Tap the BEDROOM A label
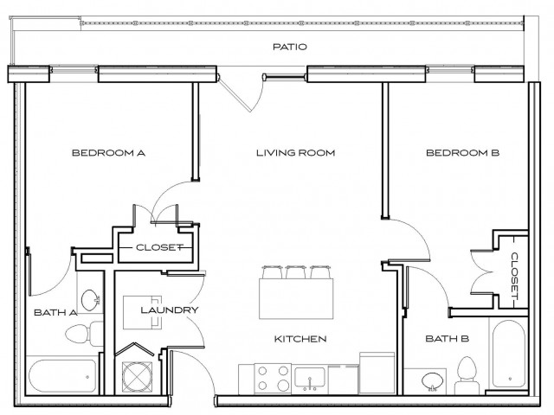pos(107,153)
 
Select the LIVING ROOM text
pos(294,153)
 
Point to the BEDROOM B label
pos(463,153)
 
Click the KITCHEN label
pos(300,338)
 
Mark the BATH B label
pos(447,338)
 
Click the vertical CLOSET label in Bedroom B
pos(515,275)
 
